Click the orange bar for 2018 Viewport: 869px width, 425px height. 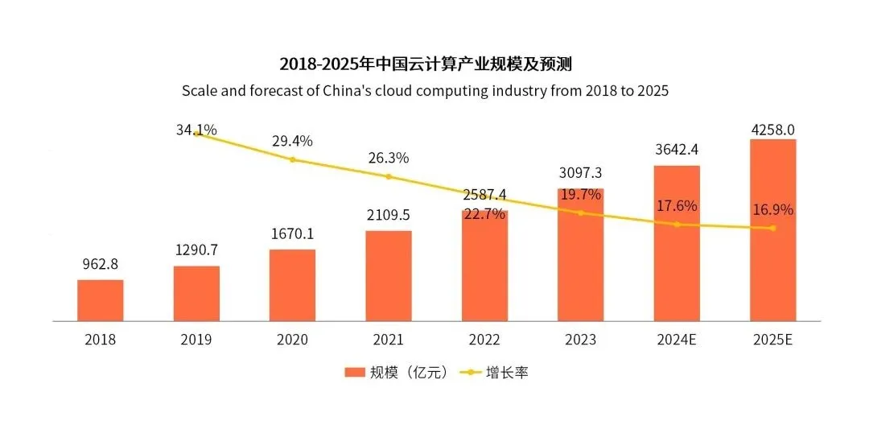(101, 300)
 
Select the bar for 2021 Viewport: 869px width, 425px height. (389, 276)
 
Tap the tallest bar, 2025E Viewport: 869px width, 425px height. (772, 230)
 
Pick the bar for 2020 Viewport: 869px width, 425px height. (292, 285)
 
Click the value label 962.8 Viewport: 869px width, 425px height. (101, 264)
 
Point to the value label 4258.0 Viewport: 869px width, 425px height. (772, 129)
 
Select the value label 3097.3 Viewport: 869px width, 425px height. (580, 173)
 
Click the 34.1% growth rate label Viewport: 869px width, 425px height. (196, 129)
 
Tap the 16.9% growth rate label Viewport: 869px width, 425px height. (772, 210)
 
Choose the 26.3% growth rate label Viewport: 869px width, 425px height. (389, 157)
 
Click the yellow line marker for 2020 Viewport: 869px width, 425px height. (292, 159)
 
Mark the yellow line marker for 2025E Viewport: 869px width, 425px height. (772, 228)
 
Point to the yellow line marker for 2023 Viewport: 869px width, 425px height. (580, 212)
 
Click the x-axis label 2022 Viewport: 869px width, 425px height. (484, 340)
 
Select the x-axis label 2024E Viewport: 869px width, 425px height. (676, 340)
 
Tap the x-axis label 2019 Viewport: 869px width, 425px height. (196, 340)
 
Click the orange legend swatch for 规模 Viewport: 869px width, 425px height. (355, 373)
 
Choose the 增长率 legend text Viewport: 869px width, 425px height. (507, 373)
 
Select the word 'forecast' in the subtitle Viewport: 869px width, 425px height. (270, 90)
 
